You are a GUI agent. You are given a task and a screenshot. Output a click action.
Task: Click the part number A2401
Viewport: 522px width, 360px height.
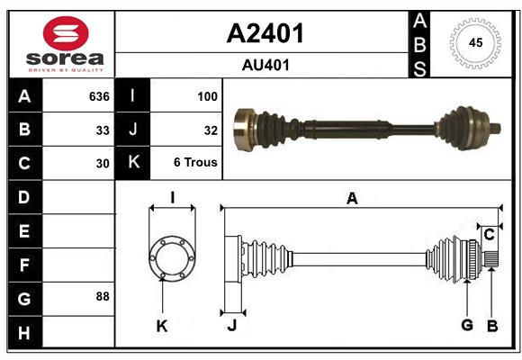265,33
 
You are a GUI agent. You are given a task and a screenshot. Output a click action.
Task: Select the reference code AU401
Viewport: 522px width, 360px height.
265,65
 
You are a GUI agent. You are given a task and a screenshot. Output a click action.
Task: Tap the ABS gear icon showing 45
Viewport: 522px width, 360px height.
474,43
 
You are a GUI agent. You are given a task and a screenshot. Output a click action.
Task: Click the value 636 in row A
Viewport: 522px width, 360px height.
98,96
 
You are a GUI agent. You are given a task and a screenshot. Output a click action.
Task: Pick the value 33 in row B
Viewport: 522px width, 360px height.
102,130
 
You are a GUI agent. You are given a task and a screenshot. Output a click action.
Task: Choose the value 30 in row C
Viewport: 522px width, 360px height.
102,164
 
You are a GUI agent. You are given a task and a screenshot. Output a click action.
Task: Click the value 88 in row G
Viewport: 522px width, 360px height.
102,296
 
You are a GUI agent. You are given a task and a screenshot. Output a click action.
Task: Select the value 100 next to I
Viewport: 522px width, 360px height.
207,96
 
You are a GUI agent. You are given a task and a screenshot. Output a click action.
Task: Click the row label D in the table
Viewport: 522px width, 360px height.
23,197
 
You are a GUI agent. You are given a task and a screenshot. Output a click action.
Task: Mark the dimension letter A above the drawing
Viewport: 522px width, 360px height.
352,199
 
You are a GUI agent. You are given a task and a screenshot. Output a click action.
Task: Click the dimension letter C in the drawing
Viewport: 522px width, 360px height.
489,235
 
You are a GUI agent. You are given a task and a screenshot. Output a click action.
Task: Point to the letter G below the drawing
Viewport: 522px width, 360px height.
466,326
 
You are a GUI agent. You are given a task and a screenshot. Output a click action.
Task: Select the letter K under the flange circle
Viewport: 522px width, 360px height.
162,326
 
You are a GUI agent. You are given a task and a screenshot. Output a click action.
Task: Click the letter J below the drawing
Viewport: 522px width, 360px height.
231,326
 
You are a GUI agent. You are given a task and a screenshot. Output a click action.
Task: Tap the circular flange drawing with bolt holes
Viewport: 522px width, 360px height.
171,258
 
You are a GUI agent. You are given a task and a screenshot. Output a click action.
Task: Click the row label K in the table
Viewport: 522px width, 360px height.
133,164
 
